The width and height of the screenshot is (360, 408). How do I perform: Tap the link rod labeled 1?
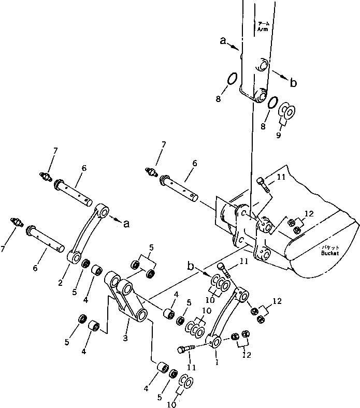point(226,316)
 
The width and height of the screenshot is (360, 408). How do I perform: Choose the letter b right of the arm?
point(293,82)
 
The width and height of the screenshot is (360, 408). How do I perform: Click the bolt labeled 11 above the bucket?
point(262,184)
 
